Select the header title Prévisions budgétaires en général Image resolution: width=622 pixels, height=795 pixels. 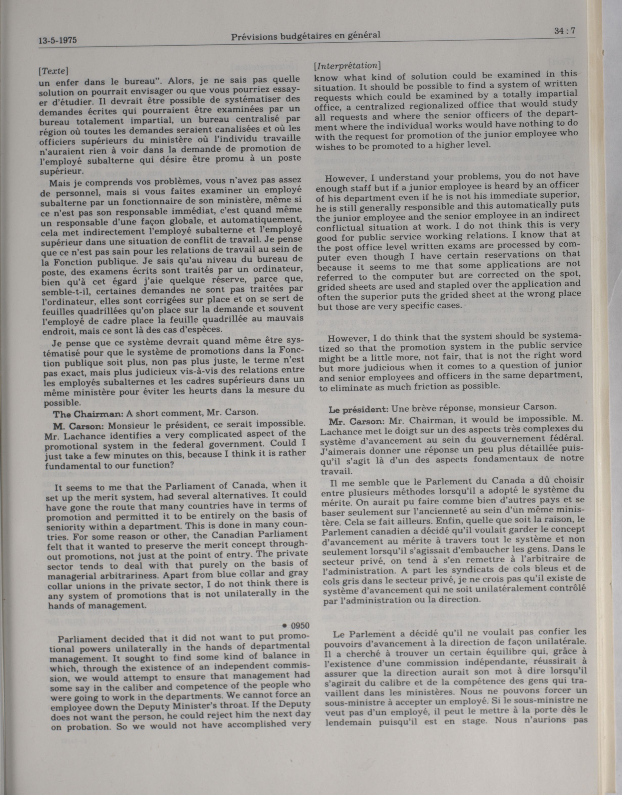306,35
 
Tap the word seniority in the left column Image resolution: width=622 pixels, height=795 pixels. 65,527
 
